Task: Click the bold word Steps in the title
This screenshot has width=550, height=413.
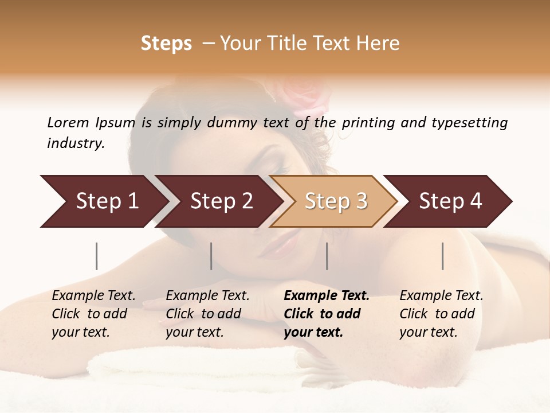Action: (x=166, y=44)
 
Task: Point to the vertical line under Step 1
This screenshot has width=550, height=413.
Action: (x=97, y=256)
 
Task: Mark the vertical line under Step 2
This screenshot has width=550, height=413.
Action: (x=211, y=256)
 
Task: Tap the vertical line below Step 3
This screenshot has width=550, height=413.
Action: (x=327, y=256)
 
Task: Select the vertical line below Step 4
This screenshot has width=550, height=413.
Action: (x=443, y=256)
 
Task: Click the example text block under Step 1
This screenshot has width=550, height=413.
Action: (x=93, y=314)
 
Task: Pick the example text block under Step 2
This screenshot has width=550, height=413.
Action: (x=207, y=314)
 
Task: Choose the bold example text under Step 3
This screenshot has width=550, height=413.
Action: (x=326, y=314)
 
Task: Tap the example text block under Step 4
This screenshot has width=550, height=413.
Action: (x=441, y=314)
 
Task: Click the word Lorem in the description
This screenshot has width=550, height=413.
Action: (x=68, y=123)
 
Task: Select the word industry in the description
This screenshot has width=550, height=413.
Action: (x=75, y=143)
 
